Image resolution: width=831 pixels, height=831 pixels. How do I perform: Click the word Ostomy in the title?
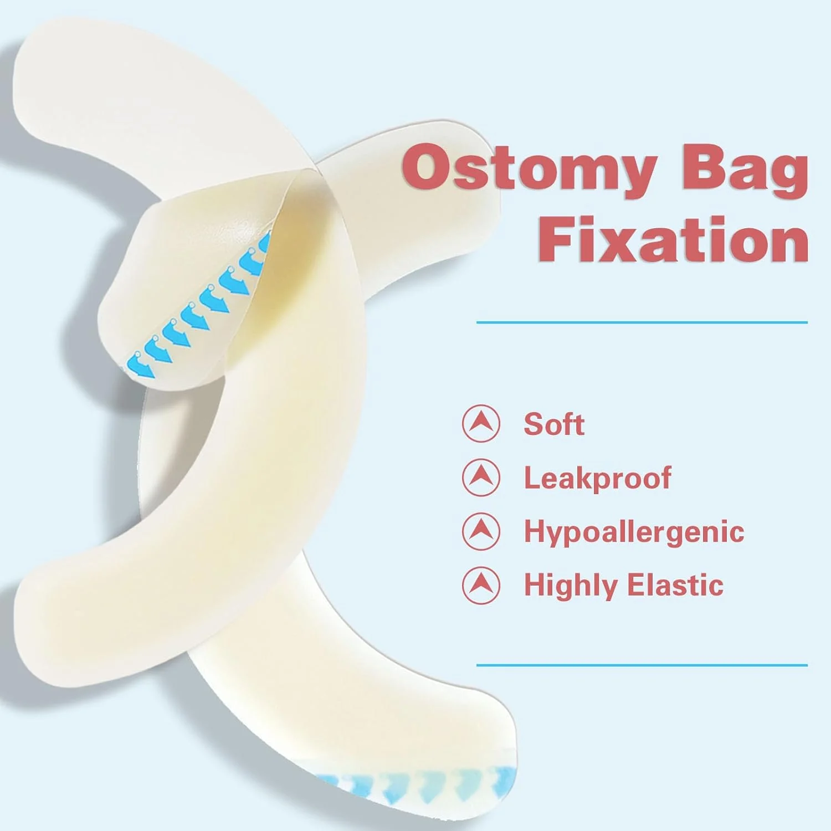pyautogui.click(x=530, y=168)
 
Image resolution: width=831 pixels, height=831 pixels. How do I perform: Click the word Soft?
pyautogui.click(x=554, y=424)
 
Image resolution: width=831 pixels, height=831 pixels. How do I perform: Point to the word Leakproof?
pyautogui.click(x=598, y=478)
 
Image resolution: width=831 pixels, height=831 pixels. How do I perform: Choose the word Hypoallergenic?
pyautogui.click(x=634, y=532)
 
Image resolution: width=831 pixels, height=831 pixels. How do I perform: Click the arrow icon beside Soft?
pyautogui.click(x=481, y=424)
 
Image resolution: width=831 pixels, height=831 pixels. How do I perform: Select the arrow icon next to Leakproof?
pyautogui.click(x=481, y=478)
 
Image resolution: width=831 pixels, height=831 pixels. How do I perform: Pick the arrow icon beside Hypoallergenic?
pyautogui.click(x=481, y=531)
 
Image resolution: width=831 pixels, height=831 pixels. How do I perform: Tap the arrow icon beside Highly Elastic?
pyautogui.click(x=481, y=585)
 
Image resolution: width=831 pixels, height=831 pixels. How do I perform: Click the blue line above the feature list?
pyautogui.click(x=642, y=322)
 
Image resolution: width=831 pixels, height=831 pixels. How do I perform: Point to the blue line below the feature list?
pyautogui.click(x=642, y=665)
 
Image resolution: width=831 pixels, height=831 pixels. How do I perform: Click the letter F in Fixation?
pyautogui.click(x=556, y=239)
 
